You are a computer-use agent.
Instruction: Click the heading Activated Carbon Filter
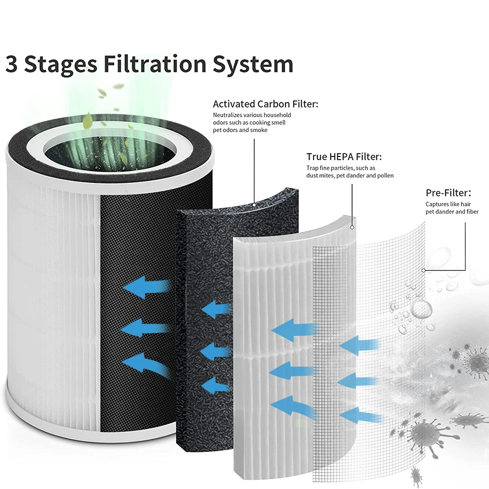tap(266, 104)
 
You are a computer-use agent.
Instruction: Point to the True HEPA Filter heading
tap(344, 157)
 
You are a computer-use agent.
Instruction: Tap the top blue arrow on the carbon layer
tap(216, 310)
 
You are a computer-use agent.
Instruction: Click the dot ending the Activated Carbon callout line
tap(254, 203)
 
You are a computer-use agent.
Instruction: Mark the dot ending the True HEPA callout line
tap(352, 228)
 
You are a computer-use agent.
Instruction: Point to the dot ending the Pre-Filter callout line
tap(423, 269)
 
